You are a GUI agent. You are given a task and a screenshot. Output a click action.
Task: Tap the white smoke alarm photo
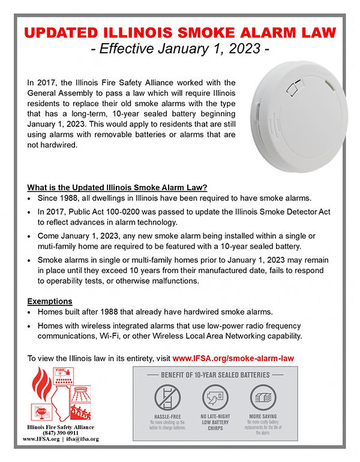(293, 119)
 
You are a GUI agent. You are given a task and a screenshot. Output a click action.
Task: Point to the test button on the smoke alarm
(293, 89)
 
